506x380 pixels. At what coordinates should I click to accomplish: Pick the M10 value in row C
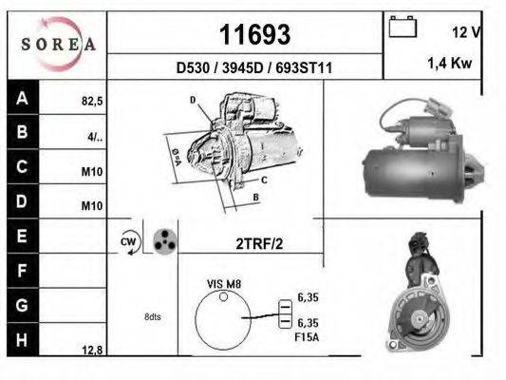pyautogui.click(x=91, y=172)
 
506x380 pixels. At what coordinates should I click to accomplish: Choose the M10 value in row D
pyautogui.click(x=91, y=206)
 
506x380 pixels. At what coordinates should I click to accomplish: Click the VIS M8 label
pyautogui.click(x=223, y=284)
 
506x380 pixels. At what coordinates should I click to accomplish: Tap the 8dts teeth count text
pyautogui.click(x=152, y=316)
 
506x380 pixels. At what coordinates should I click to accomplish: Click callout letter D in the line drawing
pyautogui.click(x=193, y=100)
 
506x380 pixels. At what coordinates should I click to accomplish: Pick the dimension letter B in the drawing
pyautogui.click(x=256, y=198)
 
